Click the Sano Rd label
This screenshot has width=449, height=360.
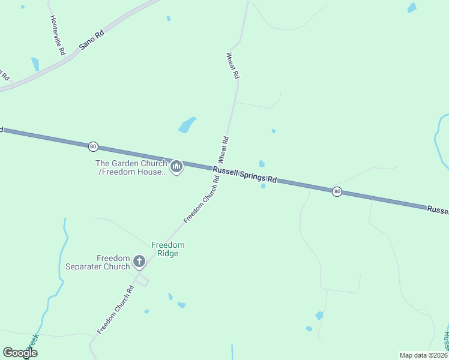point(91,41)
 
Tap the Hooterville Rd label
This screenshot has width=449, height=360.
point(58,35)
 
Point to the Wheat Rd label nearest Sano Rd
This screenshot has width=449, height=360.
point(232,66)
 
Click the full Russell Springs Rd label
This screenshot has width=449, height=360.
point(244,175)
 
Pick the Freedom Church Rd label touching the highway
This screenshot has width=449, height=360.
point(202,200)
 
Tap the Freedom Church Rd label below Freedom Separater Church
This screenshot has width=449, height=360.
point(115,309)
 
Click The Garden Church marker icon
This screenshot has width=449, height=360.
point(176,167)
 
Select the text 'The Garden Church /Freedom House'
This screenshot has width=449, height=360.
point(131,167)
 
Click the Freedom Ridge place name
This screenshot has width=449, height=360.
point(167,249)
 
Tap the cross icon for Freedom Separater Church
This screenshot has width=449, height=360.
point(139,262)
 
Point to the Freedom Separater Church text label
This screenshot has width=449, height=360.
point(97,262)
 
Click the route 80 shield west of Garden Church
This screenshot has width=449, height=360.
point(92,146)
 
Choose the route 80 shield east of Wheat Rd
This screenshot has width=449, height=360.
point(337,191)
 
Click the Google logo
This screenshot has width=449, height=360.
point(20,353)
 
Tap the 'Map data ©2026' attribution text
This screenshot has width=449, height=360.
point(423,355)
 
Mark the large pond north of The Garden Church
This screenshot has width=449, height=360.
point(187,125)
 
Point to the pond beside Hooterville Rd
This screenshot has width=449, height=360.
point(35,64)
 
